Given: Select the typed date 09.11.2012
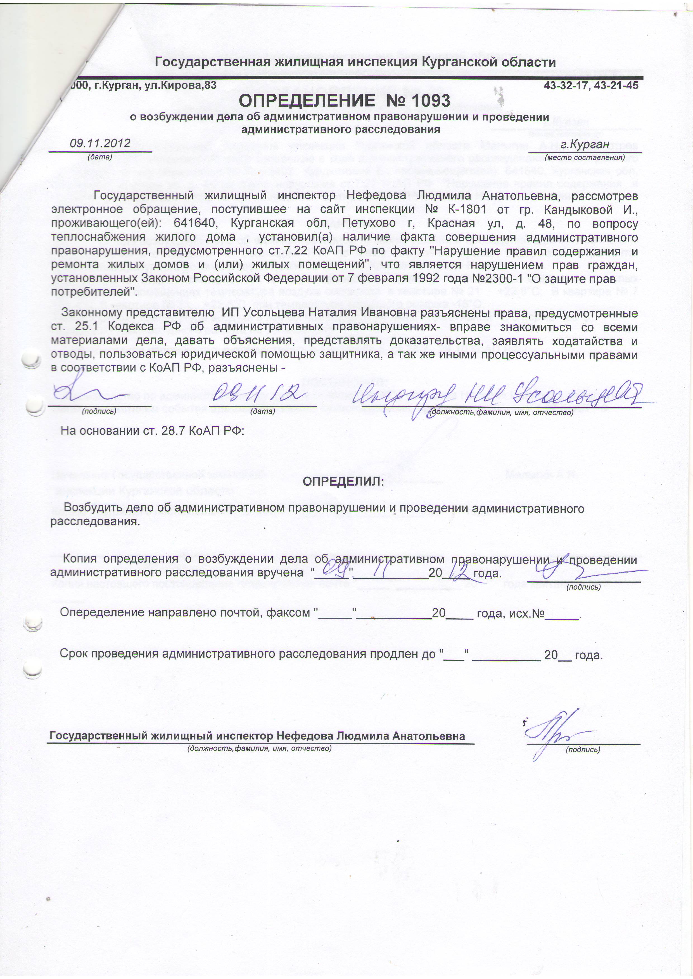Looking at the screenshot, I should click(x=100, y=143).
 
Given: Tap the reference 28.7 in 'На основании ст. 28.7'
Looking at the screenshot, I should click(x=173, y=431).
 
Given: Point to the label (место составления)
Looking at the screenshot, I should click(x=585, y=158).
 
